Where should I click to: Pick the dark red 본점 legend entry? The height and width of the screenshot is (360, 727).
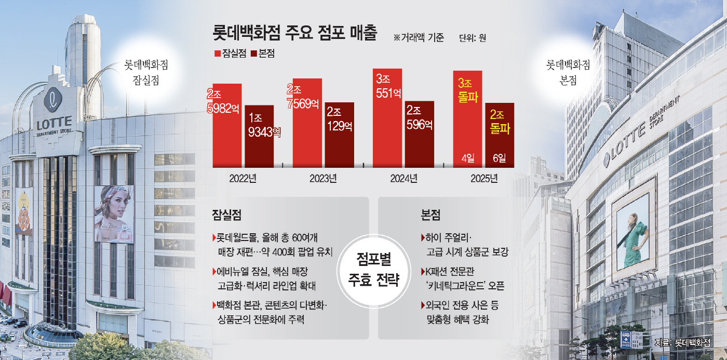(x=263, y=53)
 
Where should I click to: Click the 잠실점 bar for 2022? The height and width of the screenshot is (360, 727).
(x=227, y=125)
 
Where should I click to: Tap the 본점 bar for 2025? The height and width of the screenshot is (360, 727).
(x=500, y=135)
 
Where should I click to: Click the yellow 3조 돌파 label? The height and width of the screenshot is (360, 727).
(x=467, y=90)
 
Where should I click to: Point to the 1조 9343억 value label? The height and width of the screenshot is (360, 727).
(x=263, y=126)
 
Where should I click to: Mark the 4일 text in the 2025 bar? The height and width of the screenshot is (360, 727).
(x=468, y=157)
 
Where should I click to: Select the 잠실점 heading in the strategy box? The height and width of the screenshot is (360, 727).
(x=226, y=214)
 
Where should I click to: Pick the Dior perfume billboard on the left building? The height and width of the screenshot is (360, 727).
(x=114, y=214)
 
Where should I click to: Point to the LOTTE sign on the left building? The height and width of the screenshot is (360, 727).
(x=54, y=125)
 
